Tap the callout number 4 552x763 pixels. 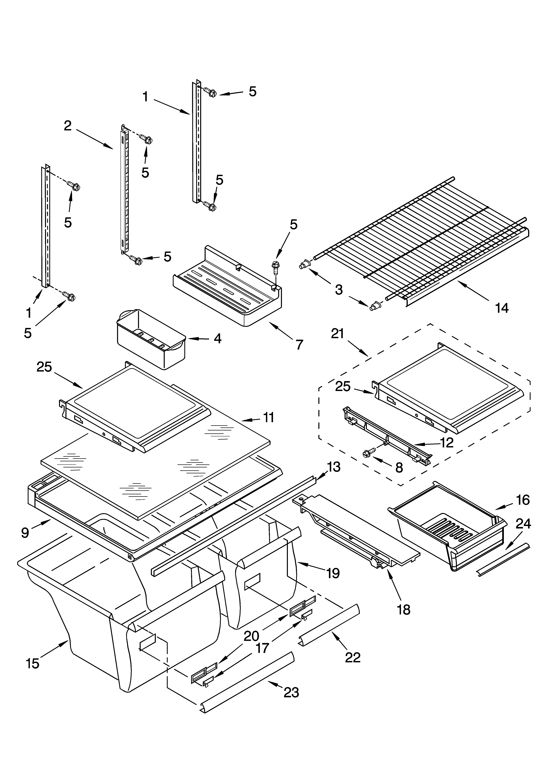217,339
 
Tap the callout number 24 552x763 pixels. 523,524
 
